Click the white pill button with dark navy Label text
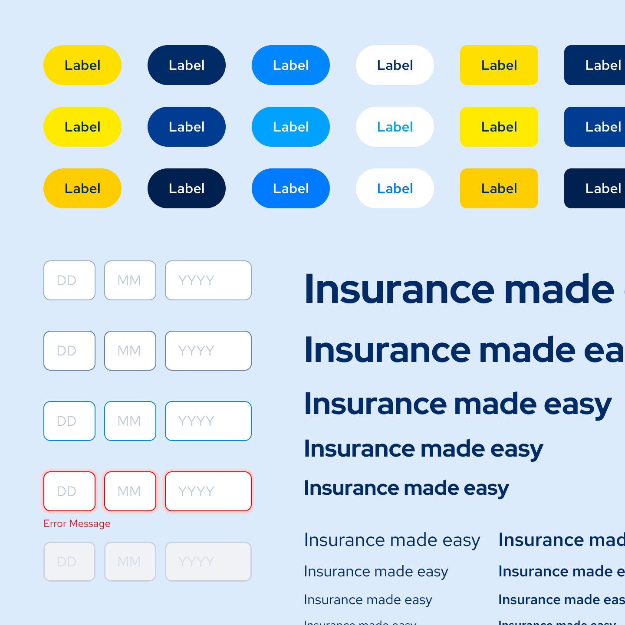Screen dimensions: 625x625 click(395, 65)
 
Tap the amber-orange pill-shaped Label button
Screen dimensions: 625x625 click(82, 188)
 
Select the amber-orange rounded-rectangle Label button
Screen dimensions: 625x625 click(499, 188)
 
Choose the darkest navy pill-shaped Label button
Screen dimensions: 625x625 click(186, 188)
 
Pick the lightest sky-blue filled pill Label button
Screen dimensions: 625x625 click(290, 127)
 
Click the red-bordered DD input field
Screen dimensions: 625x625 click(69, 491)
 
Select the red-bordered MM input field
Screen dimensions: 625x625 click(130, 491)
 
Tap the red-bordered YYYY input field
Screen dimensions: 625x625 click(208, 491)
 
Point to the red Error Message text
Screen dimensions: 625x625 click(77, 523)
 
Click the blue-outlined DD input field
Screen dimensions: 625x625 click(69, 421)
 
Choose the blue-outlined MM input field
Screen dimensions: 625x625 click(130, 421)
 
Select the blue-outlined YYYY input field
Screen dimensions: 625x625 click(208, 421)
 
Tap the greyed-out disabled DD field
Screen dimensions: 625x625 click(69, 562)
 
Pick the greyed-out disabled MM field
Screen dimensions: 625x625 click(130, 562)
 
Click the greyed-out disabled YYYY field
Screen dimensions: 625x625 click(208, 562)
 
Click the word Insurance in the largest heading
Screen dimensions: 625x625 click(399, 289)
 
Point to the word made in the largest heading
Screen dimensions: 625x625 click(559, 289)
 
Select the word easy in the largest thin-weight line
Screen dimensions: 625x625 click(461, 540)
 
